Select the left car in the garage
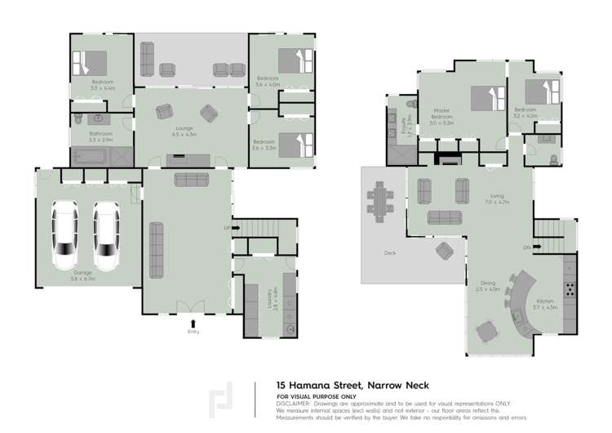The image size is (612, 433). point(66,235)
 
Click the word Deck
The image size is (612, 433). point(390,253)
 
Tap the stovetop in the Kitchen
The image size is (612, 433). point(569,288)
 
